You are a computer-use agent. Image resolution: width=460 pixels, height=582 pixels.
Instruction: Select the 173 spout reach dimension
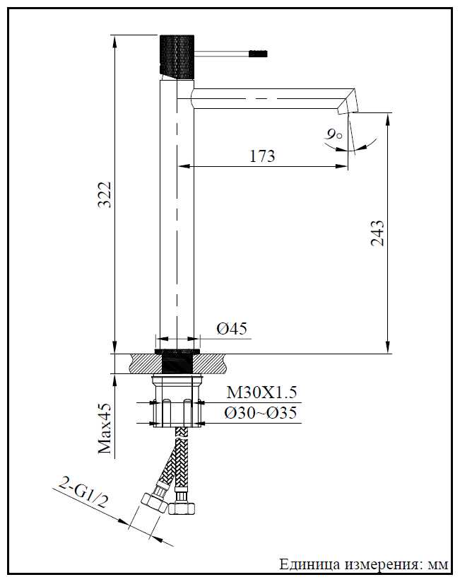(262, 156)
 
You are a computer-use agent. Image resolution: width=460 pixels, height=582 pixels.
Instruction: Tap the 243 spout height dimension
(377, 233)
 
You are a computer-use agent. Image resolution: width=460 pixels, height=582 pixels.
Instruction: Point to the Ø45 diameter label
(231, 329)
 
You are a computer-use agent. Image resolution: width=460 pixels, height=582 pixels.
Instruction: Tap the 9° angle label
(333, 133)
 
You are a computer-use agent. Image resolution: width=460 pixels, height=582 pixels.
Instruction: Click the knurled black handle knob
(176, 55)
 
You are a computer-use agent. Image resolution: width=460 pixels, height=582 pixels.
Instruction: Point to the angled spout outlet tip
(349, 100)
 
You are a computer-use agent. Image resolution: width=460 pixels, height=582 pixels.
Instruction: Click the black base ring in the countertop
(177, 361)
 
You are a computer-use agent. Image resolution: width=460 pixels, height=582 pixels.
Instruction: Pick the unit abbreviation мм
(438, 565)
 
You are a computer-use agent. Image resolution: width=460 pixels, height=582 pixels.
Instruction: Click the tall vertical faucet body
(176, 212)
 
